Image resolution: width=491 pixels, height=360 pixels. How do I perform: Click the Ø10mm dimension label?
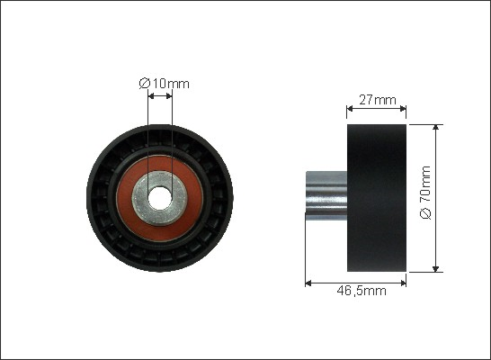[x=164, y=84]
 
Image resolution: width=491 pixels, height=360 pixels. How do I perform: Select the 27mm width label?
[x=378, y=100]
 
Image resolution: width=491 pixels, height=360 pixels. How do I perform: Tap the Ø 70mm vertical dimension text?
[x=425, y=193]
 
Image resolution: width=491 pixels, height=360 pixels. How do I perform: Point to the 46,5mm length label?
[x=362, y=291]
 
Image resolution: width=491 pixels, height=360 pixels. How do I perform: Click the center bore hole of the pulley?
[x=160, y=198]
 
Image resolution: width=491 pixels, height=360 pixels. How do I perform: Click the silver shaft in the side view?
[x=326, y=195]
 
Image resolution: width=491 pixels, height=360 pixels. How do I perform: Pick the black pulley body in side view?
[x=377, y=198]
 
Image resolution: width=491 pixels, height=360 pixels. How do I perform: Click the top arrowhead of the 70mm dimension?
[x=435, y=127]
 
